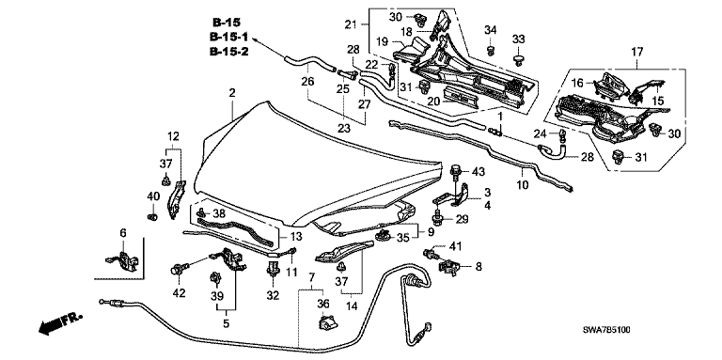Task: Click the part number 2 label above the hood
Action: pos(232,93)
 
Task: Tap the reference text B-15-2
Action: pos(228,51)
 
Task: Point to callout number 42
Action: pos(180,292)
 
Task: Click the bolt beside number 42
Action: pos(178,270)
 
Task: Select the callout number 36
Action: pos(323,303)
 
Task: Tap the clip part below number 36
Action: pos(326,322)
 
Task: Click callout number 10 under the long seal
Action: pos(523,185)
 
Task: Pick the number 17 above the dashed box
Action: pos(636,52)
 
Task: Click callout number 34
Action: pos(491,30)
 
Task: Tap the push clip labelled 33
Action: pos(519,60)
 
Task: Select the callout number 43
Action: pos(479,172)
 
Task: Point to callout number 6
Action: pos(122,233)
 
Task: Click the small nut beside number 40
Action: pos(152,215)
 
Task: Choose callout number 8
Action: pos(479,266)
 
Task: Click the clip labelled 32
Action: pos(273,269)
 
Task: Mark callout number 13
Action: pos(297,237)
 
